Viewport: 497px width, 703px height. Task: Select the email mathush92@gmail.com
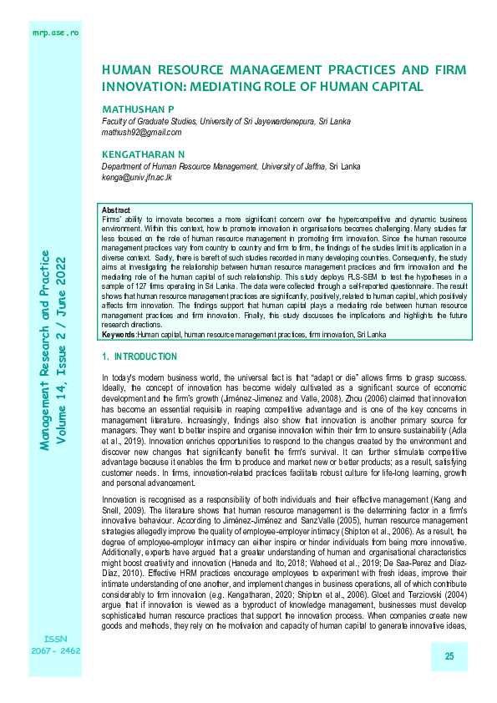[x=141, y=132]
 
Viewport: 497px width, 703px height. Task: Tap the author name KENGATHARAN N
[x=143, y=154]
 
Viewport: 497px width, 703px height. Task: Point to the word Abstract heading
[x=115, y=208]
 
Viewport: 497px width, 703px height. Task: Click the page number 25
[x=449, y=656]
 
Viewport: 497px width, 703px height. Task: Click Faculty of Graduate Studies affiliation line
[x=226, y=121]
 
